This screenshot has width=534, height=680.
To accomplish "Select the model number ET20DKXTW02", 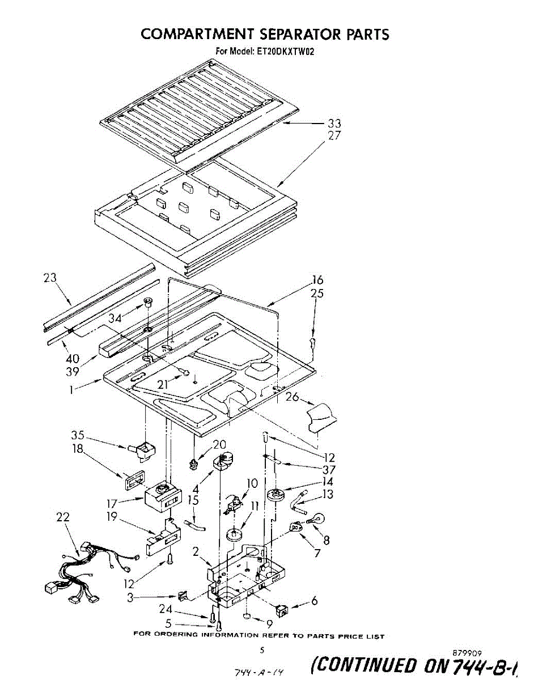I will coord(286,52).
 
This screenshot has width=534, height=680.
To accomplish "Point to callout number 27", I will coord(334,136).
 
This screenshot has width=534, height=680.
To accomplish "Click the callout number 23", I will coord(50,278).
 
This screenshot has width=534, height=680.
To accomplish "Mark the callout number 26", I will coord(292,397).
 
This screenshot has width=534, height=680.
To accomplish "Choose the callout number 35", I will coord(78,435).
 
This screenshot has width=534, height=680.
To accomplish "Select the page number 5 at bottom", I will coord(262,651).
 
